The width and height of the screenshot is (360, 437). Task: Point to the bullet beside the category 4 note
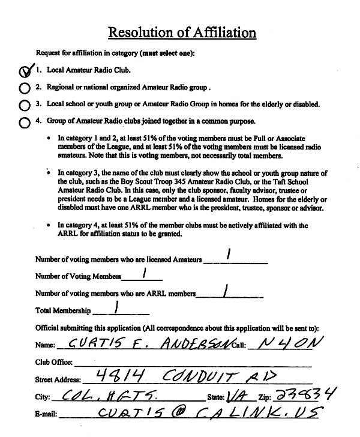pyautogui.click(x=48, y=226)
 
